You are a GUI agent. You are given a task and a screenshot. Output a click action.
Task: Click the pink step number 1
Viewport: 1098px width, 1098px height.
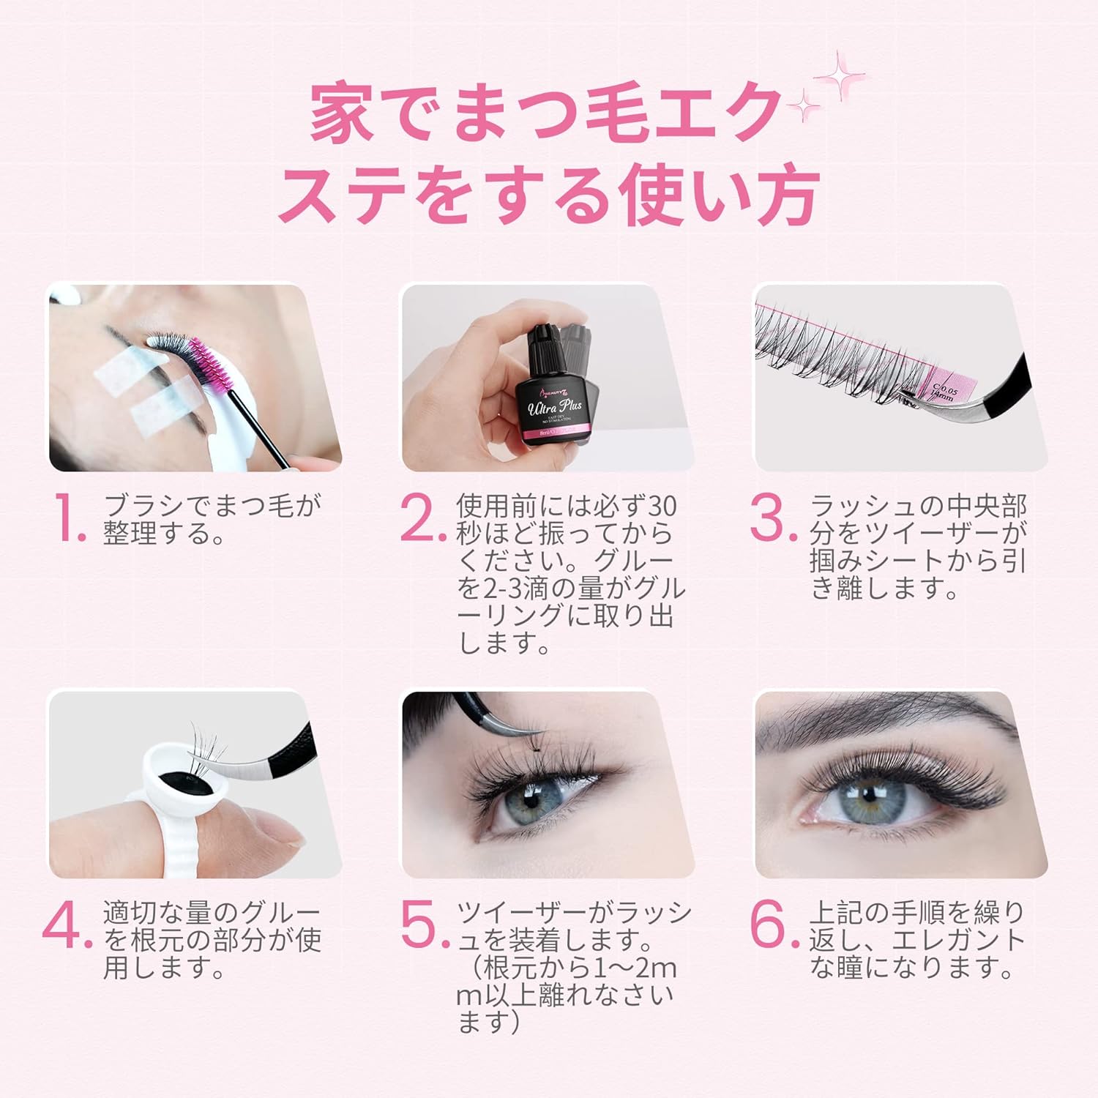pyautogui.click(x=71, y=519)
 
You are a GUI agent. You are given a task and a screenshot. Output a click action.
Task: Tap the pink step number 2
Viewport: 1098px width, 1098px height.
pyautogui.click(x=423, y=519)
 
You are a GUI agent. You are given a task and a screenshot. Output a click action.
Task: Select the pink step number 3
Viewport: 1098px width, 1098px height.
pyautogui.click(x=773, y=519)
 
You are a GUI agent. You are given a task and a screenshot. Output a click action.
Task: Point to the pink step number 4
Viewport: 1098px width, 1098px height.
pyautogui.click(x=67, y=927)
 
